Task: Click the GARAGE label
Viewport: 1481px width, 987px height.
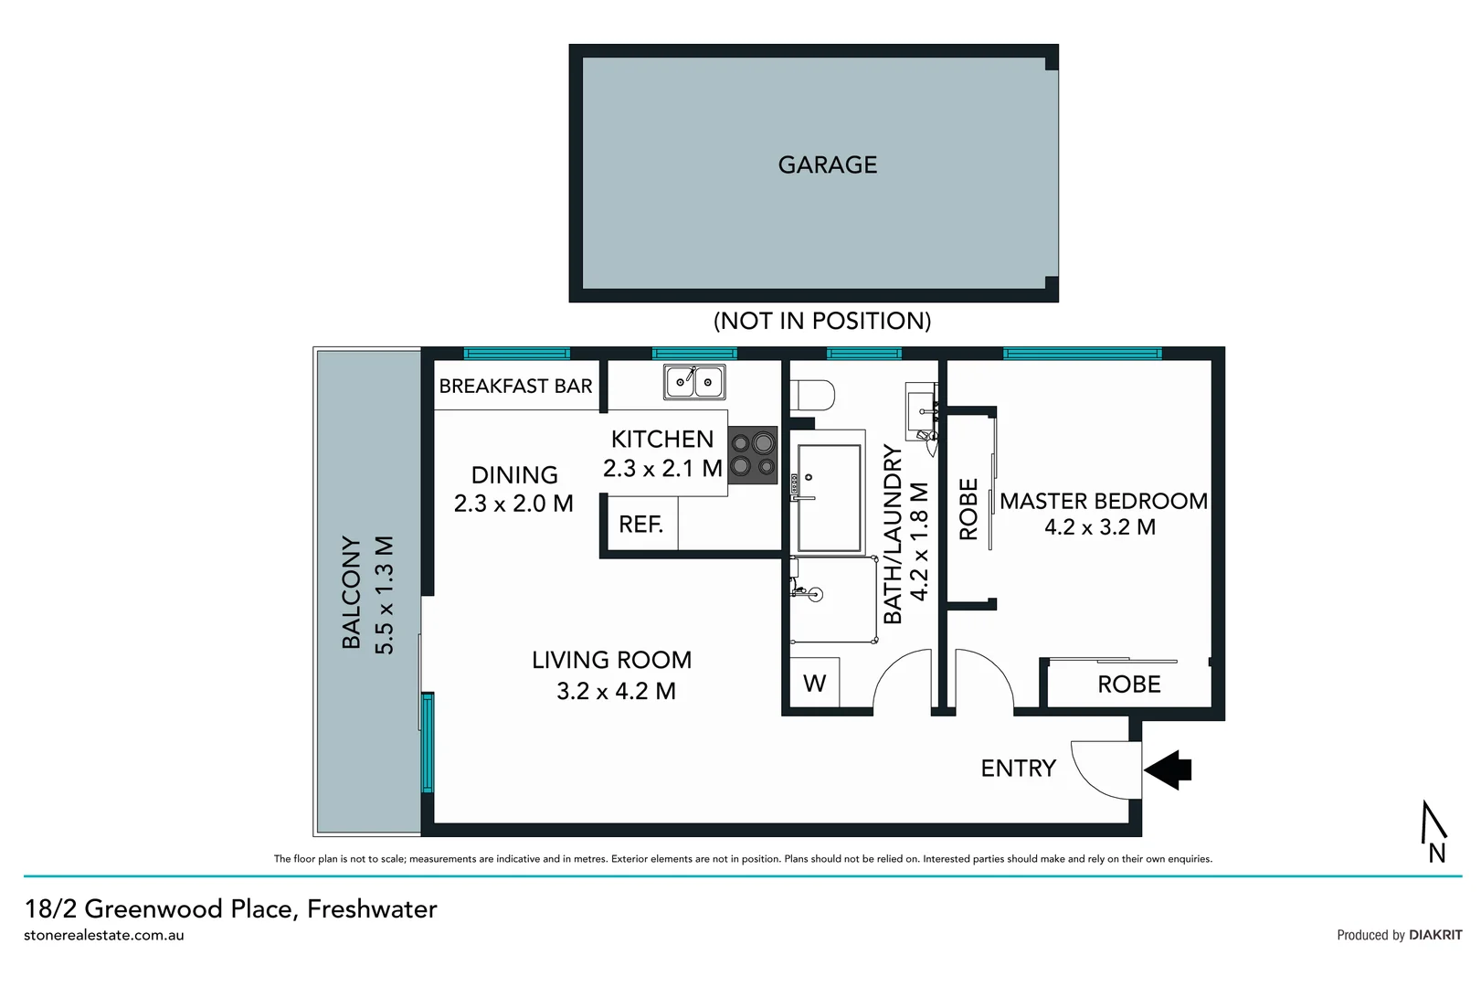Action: tap(827, 164)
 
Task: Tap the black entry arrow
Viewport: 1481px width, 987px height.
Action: tap(1169, 769)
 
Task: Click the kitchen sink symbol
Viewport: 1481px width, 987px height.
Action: tap(694, 381)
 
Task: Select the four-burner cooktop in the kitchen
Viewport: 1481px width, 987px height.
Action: tap(753, 455)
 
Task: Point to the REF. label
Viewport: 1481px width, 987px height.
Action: tap(640, 525)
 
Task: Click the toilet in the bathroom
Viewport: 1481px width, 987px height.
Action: tap(814, 396)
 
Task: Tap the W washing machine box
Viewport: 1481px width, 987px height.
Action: tap(814, 683)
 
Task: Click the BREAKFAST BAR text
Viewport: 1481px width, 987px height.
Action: tap(515, 386)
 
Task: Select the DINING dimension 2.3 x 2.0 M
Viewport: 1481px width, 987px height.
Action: tap(513, 504)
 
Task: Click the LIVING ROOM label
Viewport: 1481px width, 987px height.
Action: tap(611, 660)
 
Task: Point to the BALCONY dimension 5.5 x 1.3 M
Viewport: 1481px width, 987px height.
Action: tap(385, 594)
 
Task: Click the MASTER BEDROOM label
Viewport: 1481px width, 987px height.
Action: tap(1103, 501)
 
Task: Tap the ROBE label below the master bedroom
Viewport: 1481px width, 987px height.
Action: tap(1128, 685)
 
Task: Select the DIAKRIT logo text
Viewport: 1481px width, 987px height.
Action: tap(1435, 935)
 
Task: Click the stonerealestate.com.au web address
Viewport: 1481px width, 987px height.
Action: tap(104, 935)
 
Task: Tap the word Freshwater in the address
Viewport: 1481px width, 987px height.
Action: tap(372, 908)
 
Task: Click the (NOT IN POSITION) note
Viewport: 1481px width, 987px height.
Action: tap(821, 321)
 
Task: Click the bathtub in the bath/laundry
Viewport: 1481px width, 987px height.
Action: tap(829, 498)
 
